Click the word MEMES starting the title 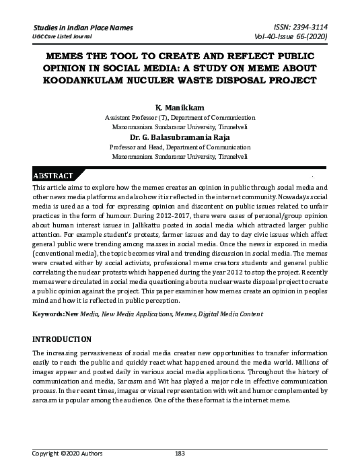click(x=61, y=58)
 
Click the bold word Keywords click(x=47, y=314)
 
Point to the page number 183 click(x=180, y=453)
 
